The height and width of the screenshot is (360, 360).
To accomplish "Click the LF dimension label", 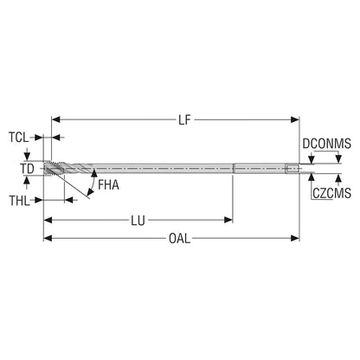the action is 184,119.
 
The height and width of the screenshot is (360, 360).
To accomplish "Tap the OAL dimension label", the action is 179,239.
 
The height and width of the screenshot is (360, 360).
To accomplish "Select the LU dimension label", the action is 138,221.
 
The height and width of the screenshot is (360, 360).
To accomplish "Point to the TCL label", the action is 19,138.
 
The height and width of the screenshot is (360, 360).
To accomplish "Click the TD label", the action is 27,169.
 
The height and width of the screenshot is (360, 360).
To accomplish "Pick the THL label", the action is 19,201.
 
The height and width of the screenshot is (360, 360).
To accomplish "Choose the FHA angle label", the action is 108,185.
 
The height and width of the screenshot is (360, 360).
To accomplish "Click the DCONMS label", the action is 327,144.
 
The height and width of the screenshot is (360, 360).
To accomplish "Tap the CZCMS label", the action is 331,193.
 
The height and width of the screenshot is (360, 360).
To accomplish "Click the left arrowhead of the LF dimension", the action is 55,119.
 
